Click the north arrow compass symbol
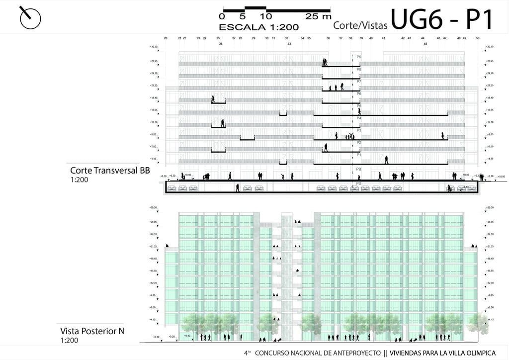(x=30, y=18)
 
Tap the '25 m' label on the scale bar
(x=319, y=16)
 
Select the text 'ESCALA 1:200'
(x=258, y=27)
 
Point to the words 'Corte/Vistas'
(x=360, y=24)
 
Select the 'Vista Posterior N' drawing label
(x=92, y=331)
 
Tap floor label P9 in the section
(x=359, y=57)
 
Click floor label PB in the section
(x=359, y=169)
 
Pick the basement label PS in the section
(x=359, y=183)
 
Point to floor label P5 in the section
(x=359, y=106)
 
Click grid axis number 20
(x=166, y=38)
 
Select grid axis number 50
(x=478, y=38)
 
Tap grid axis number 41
(x=383, y=38)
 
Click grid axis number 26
(x=221, y=44)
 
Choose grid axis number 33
(x=289, y=44)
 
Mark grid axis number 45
(x=425, y=44)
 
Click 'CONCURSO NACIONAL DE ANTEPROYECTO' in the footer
(x=318, y=353)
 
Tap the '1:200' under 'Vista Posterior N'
(x=70, y=341)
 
